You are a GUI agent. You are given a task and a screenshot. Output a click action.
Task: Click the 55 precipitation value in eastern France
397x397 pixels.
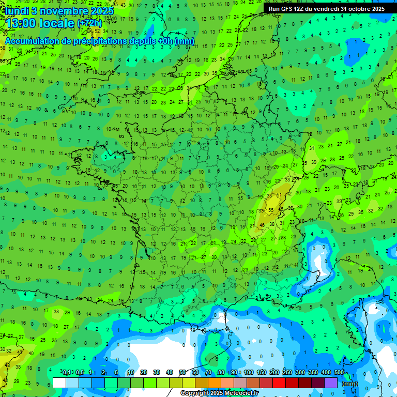coord(271,210)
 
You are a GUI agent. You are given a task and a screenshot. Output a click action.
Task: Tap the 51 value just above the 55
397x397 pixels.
coord(279,195)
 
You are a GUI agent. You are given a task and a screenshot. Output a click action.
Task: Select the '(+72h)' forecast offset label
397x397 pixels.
coord(89,23)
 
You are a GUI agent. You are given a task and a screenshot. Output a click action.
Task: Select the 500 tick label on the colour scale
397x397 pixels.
coord(339,373)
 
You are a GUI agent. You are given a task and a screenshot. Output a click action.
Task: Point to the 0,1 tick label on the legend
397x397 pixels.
coord(67,373)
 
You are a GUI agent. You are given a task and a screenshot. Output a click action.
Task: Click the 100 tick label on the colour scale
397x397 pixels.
coord(249,373)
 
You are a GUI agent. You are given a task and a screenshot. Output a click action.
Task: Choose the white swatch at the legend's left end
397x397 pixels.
coord(59,383)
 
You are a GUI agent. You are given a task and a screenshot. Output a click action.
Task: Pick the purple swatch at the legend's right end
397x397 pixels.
coord(331,383)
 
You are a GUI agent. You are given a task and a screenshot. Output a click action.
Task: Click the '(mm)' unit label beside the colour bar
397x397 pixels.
coord(350,384)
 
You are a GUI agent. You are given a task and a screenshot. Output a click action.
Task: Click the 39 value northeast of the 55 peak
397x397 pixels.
coord(313,162)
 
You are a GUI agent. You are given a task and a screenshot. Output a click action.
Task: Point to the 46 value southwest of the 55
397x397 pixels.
coord(262,225)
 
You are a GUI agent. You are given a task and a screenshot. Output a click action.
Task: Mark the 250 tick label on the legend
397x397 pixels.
coord(287,373)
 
